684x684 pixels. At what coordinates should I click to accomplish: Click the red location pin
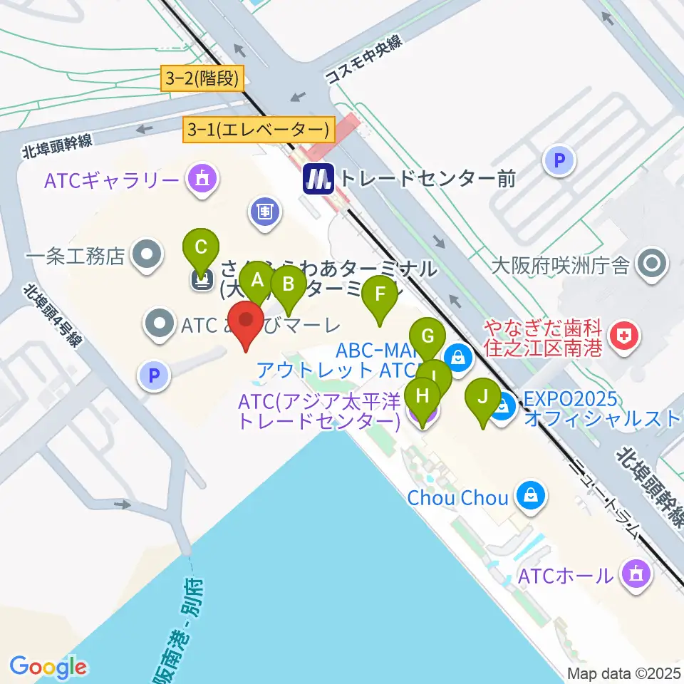pyautogui.click(x=247, y=322)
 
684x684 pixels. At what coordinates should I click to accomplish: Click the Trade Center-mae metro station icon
pyautogui.click(x=318, y=178)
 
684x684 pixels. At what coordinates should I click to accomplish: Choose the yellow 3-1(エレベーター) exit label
pyautogui.click(x=259, y=129)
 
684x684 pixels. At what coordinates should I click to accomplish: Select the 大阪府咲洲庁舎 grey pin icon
pyautogui.click(x=651, y=265)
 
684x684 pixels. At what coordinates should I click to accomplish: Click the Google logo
pyautogui.click(x=48, y=667)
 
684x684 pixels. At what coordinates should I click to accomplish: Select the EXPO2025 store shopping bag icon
pyautogui.click(x=503, y=407)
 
